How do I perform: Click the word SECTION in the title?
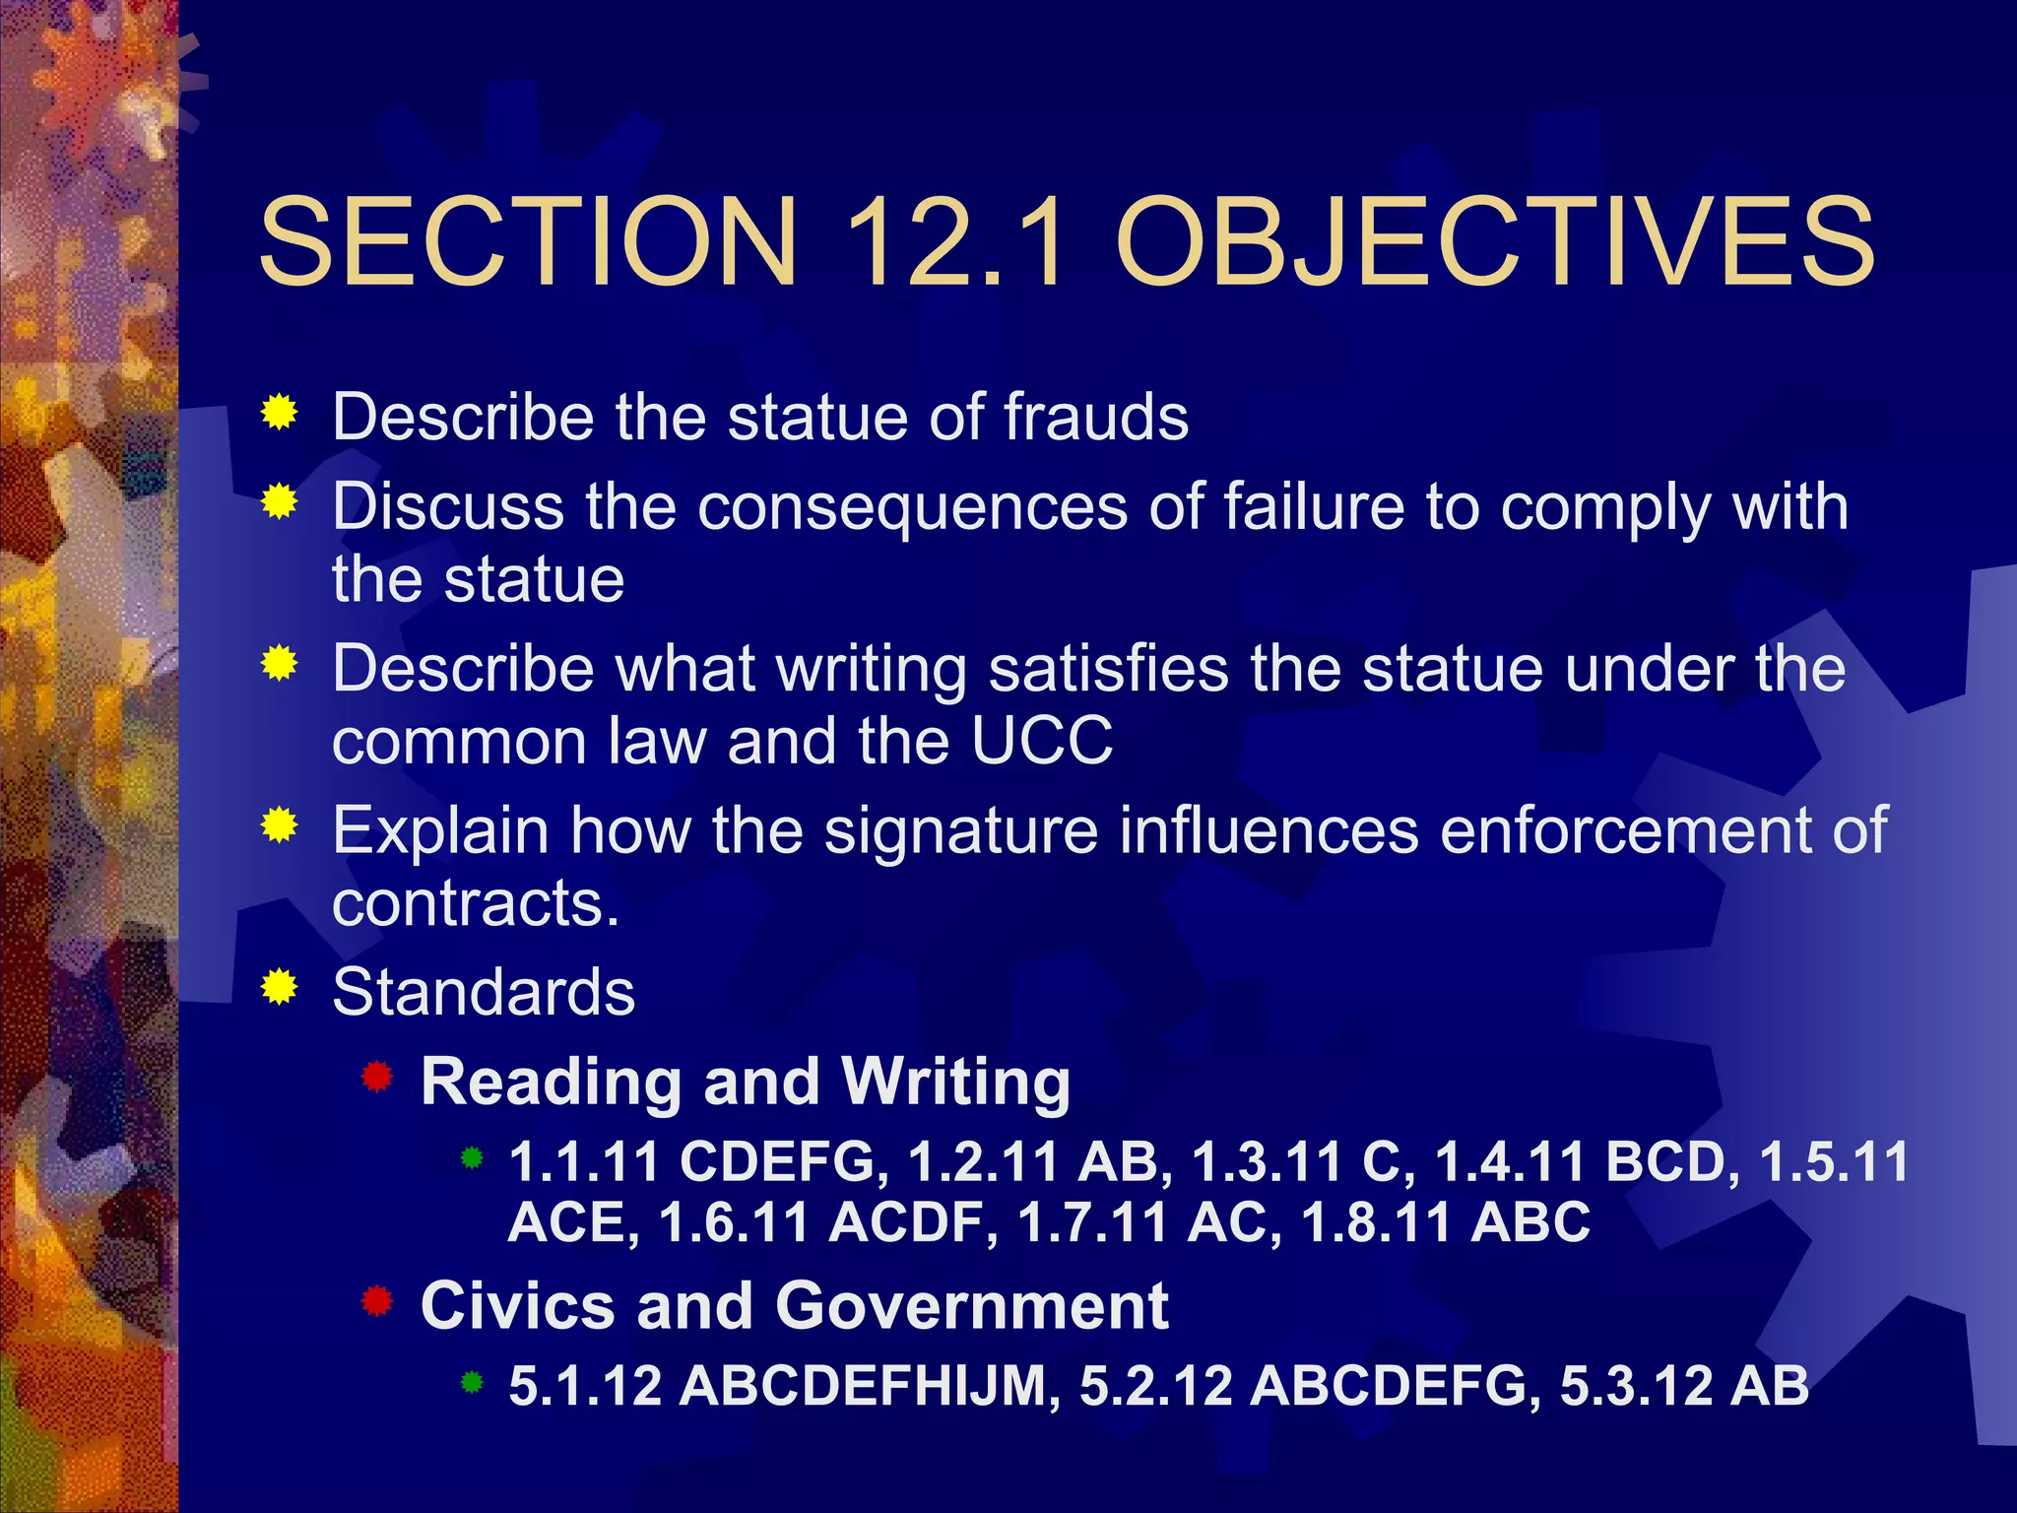coord(528,242)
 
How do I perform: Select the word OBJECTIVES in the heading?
coord(1494,242)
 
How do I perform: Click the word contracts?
coord(476,903)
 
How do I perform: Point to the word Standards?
coord(484,992)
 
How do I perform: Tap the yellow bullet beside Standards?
coord(280,986)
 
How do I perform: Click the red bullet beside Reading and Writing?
coord(377,1077)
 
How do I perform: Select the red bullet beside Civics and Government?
coord(377,1301)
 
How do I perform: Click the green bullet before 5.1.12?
coord(473,1383)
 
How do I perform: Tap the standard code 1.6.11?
coord(735,1222)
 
